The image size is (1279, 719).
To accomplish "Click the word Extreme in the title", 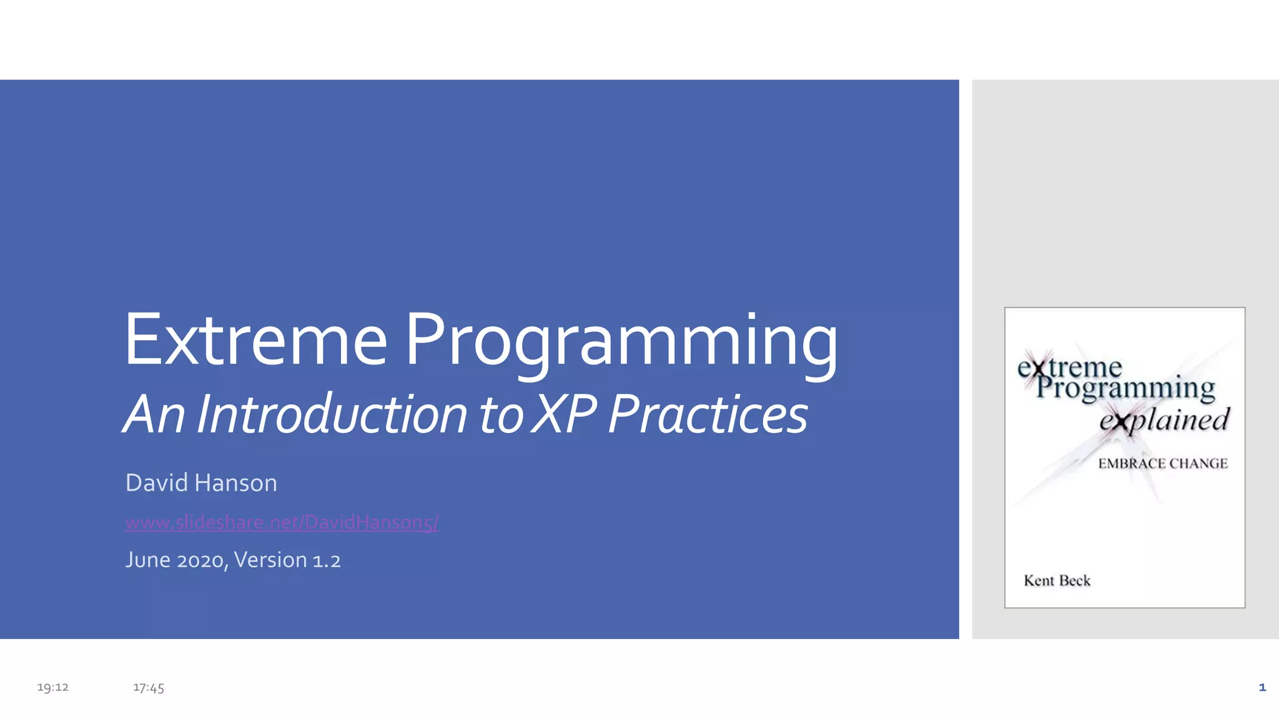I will coord(256,340).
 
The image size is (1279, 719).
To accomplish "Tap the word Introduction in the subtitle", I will coord(332,414).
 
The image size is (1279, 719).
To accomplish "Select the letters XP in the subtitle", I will coord(566,414).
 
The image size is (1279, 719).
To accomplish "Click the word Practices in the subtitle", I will coord(708,414).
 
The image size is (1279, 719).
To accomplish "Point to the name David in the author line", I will coord(156,483).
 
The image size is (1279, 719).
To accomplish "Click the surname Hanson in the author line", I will coord(235,483).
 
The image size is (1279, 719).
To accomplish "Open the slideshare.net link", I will coord(282,522).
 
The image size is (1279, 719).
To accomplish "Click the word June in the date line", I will coord(148,560).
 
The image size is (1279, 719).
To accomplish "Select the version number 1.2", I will coord(327,560).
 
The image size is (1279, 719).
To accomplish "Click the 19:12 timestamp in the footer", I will coord(52,687).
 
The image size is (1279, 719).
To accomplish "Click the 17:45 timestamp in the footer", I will coord(149,688).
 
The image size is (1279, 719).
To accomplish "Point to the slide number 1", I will coord(1262,687).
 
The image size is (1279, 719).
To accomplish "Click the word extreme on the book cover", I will coord(1069,368).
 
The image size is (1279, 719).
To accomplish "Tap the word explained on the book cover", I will coord(1164,420).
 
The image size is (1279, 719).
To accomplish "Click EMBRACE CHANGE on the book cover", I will coord(1163,464).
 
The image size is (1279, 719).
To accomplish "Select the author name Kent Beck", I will coord(1057,580).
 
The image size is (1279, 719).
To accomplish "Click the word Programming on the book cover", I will coord(1125,388).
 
